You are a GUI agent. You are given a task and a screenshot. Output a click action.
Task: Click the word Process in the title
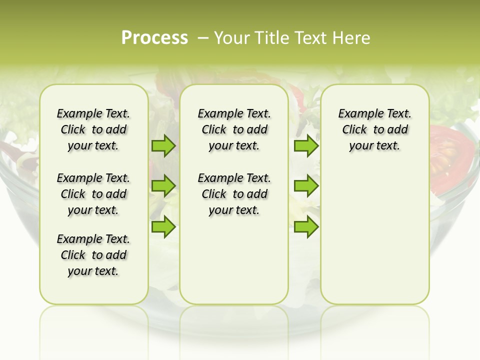tap(154, 38)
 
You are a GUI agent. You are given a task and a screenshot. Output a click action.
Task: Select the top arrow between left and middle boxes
tap(163, 146)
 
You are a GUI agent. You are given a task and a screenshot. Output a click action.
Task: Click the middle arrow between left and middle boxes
tap(163, 186)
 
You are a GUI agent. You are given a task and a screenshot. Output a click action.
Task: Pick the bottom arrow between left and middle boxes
tap(163, 226)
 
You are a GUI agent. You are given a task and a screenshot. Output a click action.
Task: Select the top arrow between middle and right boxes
tap(306, 146)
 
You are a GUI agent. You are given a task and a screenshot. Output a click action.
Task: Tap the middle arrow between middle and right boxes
tap(306, 186)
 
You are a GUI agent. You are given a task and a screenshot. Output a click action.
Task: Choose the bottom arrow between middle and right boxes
tap(306, 226)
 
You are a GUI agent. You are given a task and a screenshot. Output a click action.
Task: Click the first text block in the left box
tap(93, 129)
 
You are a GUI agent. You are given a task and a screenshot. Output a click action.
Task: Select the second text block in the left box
tap(93, 194)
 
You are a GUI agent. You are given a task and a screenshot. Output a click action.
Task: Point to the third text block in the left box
tap(93, 255)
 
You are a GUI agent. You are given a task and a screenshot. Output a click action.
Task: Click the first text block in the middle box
tap(234, 129)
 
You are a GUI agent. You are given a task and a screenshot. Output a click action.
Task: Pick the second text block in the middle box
tap(234, 194)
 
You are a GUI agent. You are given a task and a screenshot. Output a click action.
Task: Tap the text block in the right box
tap(374, 129)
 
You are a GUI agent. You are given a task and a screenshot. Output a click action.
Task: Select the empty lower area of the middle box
tap(234, 260)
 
